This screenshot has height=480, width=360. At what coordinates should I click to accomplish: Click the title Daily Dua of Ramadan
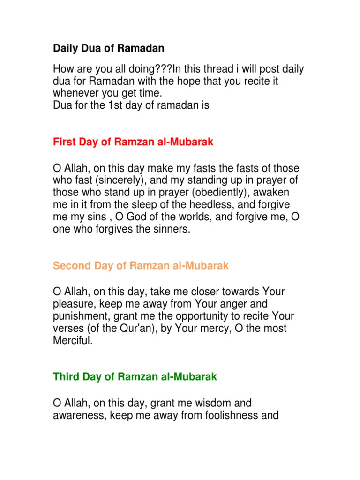pos(109,48)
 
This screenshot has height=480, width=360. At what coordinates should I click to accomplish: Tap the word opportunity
pos(203,316)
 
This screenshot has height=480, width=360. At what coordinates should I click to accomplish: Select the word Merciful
pos(73,340)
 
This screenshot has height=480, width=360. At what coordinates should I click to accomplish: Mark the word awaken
pos(272,193)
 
